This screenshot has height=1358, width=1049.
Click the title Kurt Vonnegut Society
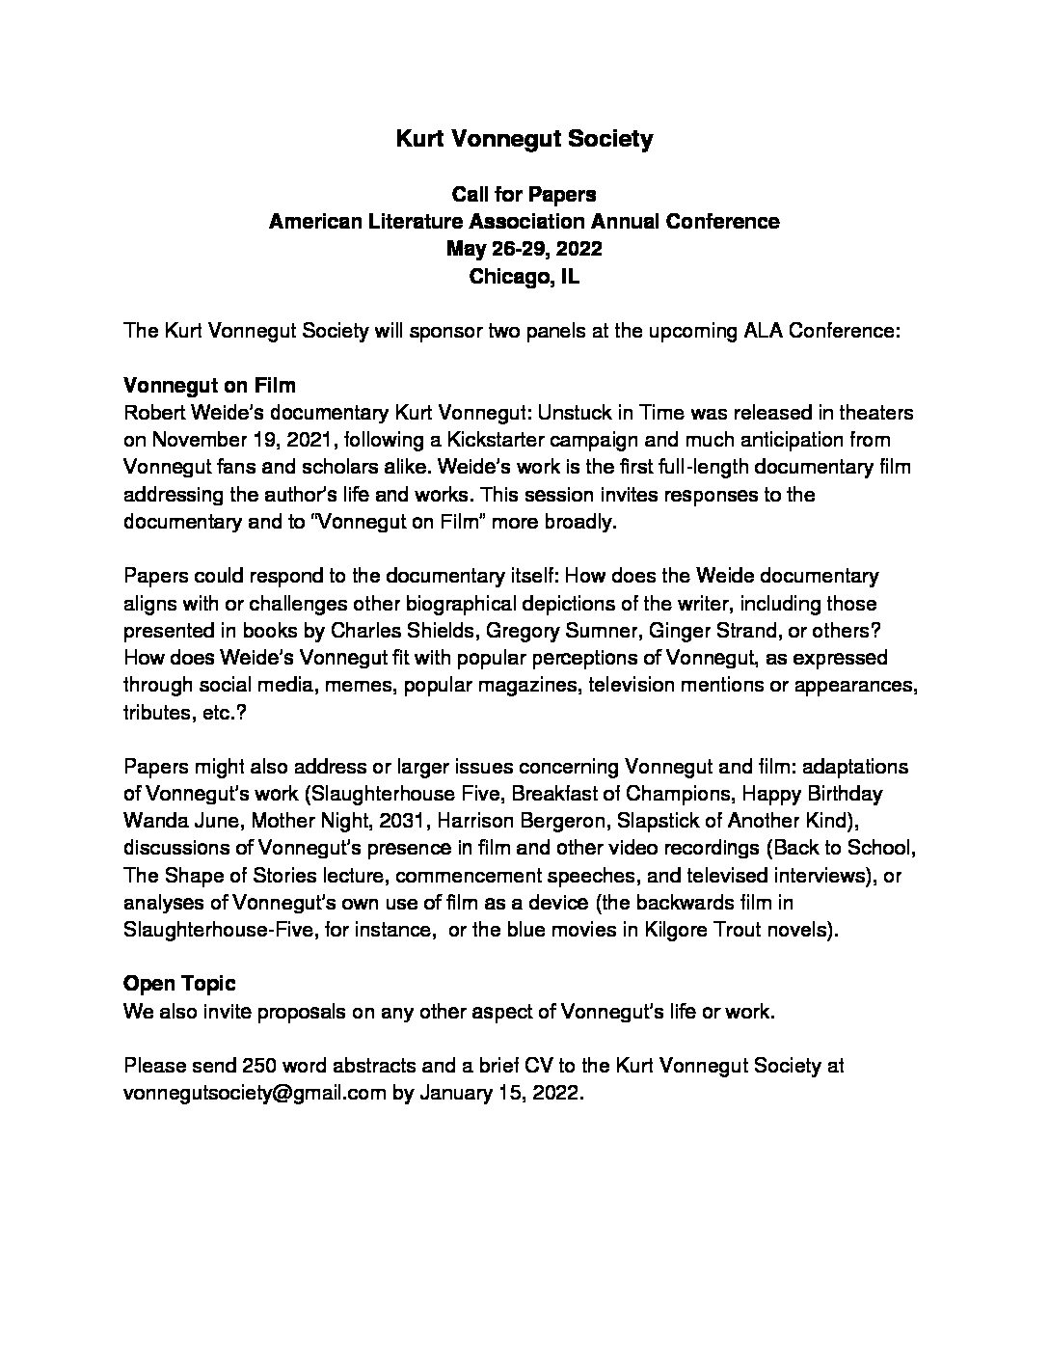click(x=524, y=139)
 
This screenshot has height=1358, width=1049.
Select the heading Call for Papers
click(x=524, y=194)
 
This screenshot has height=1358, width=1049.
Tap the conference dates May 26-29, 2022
click(x=524, y=249)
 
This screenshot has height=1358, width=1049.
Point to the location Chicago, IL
click(x=524, y=277)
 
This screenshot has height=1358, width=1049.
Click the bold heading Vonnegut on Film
click(x=209, y=386)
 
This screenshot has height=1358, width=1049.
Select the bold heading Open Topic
click(x=179, y=985)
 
